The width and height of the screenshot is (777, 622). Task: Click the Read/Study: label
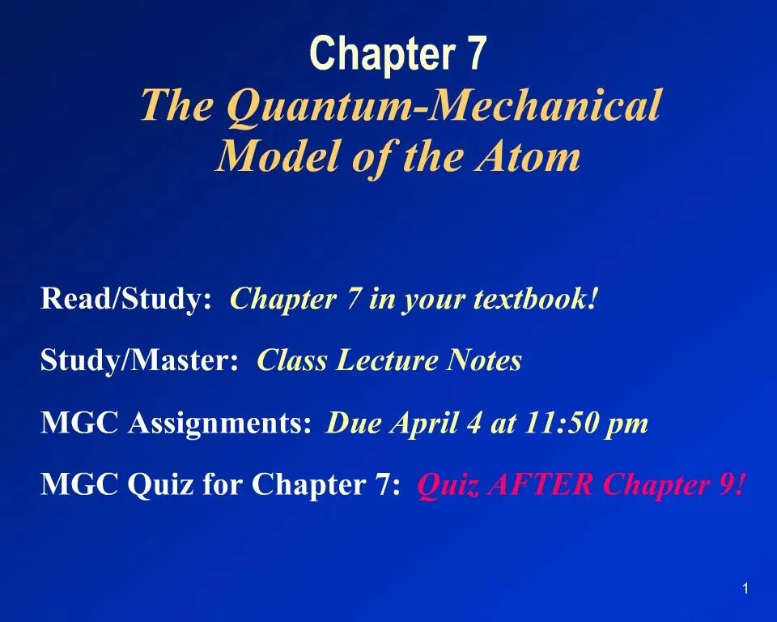pos(126,299)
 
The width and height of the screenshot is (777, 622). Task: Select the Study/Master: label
pos(139,361)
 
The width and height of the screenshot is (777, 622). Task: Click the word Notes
pos(484,361)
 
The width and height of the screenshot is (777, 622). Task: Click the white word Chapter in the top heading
pos(371,53)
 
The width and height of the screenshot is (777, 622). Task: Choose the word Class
pos(292,361)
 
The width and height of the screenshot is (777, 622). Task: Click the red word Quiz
pos(442,486)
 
